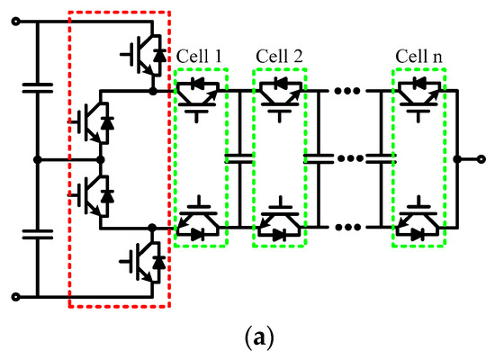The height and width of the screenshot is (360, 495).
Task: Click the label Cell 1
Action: coord(202,56)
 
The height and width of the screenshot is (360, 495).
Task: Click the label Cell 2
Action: coord(280,56)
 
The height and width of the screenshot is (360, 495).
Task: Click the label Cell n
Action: coord(418,56)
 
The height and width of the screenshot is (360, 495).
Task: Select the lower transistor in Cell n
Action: coord(418,225)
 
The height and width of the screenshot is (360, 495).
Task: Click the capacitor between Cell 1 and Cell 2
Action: coord(240,159)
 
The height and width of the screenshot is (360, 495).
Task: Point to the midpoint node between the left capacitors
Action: coord(37,159)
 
